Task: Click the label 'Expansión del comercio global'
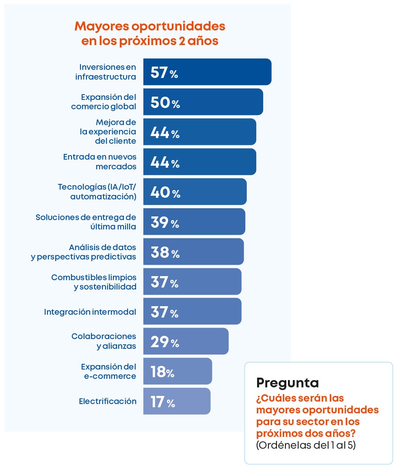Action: pos(104,102)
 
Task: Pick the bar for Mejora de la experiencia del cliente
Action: pos(215,132)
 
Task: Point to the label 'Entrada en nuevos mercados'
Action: pos(100,162)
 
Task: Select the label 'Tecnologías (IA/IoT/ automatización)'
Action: pos(97,192)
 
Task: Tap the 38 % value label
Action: pos(165,253)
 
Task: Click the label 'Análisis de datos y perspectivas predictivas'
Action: pos(84,252)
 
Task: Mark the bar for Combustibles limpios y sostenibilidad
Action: pos(207,282)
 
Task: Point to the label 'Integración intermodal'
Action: pos(90,312)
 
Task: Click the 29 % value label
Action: pos(164,342)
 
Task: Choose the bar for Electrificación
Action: pos(191,401)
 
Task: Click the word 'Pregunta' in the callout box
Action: pos(288,383)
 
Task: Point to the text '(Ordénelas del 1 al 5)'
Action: pos(306,445)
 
